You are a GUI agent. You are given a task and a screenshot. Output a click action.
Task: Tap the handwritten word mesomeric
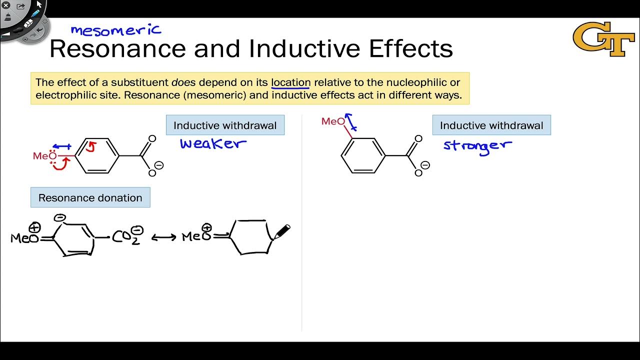coord(116,30)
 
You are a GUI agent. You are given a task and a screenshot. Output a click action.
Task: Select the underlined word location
coord(290,82)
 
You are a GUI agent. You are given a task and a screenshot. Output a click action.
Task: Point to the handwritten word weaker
coord(213,144)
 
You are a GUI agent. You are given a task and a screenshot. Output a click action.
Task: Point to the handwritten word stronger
coord(477,146)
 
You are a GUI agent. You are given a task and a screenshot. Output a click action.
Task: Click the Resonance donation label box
coord(90,197)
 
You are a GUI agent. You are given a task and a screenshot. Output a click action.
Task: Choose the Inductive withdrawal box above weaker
coord(225,125)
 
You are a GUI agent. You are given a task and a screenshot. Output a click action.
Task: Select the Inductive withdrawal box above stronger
coord(491,125)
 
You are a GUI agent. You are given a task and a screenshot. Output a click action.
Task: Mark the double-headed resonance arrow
coord(163,237)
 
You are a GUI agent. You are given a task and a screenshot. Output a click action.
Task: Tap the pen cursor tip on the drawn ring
coord(273,237)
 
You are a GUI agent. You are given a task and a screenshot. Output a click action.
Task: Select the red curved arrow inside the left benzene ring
coord(91,146)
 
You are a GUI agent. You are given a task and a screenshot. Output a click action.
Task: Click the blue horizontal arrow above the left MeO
coord(62,146)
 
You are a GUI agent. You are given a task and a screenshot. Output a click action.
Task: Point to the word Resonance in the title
coord(117,48)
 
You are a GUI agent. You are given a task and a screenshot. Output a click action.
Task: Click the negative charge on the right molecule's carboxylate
coord(425,165)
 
